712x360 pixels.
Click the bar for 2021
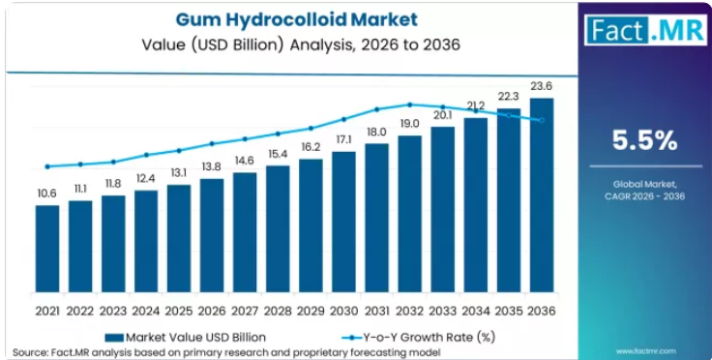[47, 249]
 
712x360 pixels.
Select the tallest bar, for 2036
[542, 195]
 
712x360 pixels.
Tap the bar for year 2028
[278, 228]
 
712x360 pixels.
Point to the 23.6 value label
[542, 86]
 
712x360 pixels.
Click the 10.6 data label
[47, 194]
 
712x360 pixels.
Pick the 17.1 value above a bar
[343, 140]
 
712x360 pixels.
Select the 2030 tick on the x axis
[343, 311]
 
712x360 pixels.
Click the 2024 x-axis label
[146, 311]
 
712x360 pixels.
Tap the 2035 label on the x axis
[509, 311]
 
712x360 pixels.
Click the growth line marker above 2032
[409, 105]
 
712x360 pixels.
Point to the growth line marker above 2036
[542, 120]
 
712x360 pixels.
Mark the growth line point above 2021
[47, 166]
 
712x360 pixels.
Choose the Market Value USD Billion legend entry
[186, 338]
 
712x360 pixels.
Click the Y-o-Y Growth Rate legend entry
[418, 338]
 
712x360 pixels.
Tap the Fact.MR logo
[645, 29]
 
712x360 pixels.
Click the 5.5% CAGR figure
[645, 140]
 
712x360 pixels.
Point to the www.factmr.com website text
[645, 351]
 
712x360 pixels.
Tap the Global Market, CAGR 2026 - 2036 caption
[645, 191]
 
